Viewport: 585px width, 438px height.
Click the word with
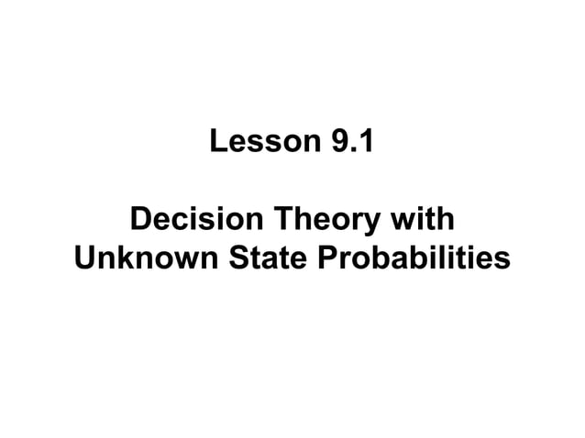[422, 222]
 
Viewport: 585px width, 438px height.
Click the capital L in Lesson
[218, 143]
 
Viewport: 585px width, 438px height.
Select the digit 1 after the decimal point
[363, 143]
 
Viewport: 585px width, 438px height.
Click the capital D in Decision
[142, 222]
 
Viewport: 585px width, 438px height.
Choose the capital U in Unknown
[84, 260]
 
